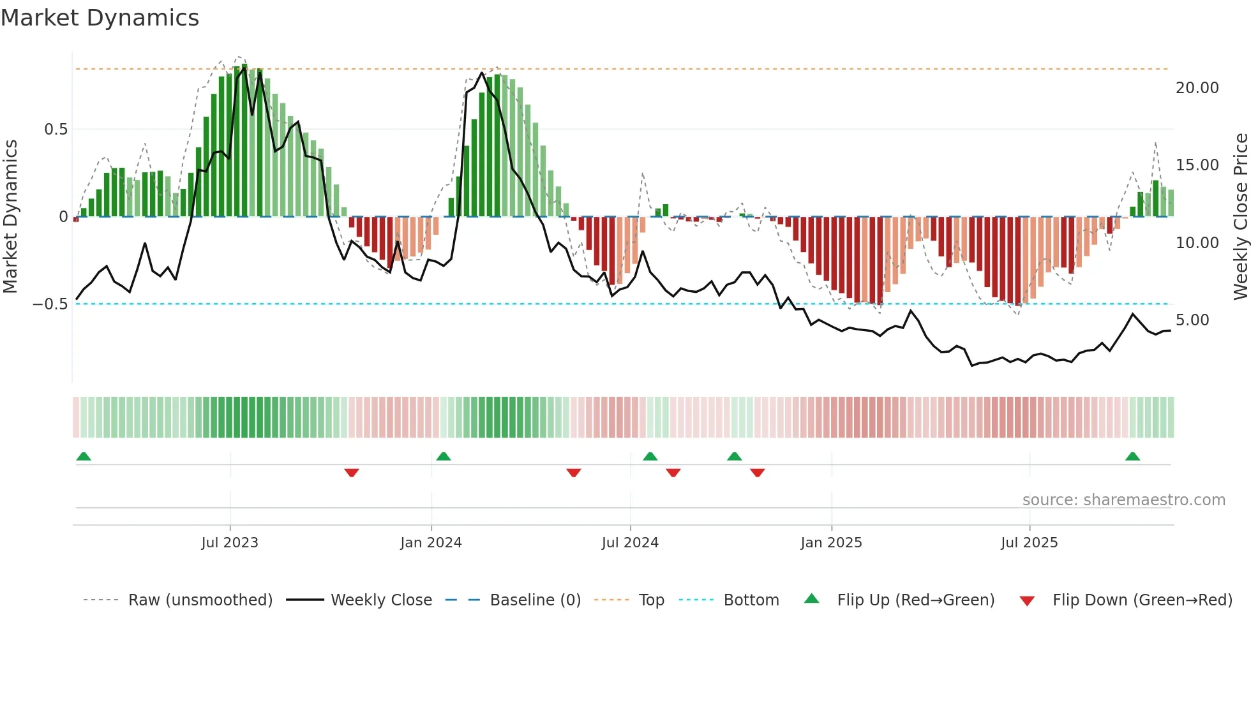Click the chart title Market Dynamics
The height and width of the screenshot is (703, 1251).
click(100, 18)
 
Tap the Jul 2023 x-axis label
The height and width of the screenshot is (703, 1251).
click(230, 543)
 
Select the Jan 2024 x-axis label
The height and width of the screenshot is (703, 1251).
click(431, 543)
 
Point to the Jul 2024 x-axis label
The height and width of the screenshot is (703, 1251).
click(630, 543)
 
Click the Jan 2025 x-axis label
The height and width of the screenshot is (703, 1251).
click(831, 543)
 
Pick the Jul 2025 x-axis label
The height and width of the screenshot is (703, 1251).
click(1029, 543)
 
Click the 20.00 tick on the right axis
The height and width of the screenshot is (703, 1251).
click(1197, 88)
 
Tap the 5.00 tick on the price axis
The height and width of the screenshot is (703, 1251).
click(1192, 320)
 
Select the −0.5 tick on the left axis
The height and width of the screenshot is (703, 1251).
click(50, 304)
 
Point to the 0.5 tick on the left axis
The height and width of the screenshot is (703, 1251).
click(56, 129)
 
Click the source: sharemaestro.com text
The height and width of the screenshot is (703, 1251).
click(1123, 500)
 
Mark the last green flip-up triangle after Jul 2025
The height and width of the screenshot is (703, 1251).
click(1132, 457)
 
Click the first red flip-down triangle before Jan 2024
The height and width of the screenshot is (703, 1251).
click(352, 473)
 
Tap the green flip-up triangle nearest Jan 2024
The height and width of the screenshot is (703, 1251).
click(444, 457)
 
